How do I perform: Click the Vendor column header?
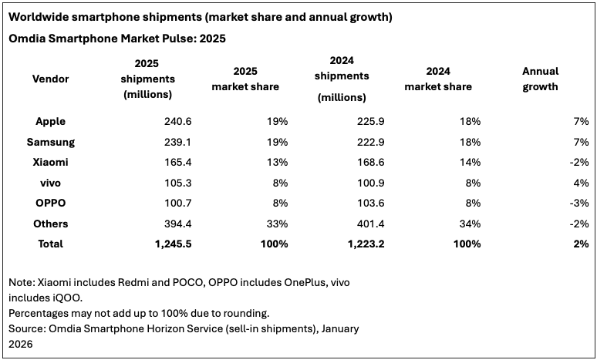click(50, 79)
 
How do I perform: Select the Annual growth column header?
click(540, 79)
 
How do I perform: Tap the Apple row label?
click(50, 121)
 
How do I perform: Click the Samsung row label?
click(50, 142)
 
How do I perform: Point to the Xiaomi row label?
click(50, 162)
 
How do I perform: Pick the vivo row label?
click(50, 183)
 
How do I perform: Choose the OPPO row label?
click(50, 203)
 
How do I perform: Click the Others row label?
click(50, 224)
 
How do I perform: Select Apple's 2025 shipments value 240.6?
click(157, 121)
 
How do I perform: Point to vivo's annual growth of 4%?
click(581, 183)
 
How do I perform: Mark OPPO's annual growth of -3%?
click(578, 203)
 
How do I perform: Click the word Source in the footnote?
click(28, 328)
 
